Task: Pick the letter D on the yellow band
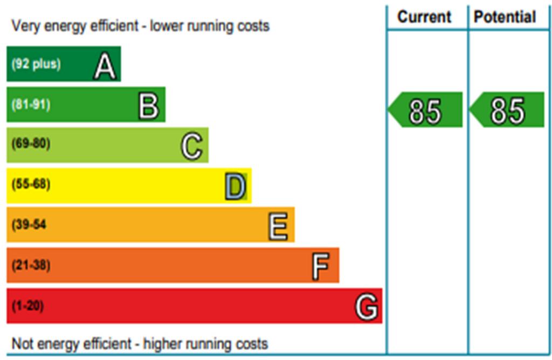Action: pyautogui.click(x=236, y=187)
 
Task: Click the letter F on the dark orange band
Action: pyautogui.click(x=320, y=267)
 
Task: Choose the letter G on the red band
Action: pyautogui.click(x=366, y=308)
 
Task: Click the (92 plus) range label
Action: pyautogui.click(x=36, y=64)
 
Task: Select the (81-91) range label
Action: pyautogui.click(x=31, y=105)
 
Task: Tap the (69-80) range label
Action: pyautogui.click(x=31, y=144)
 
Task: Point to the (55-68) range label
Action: pyautogui.click(x=31, y=184)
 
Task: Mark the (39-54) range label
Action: pyautogui.click(x=29, y=225)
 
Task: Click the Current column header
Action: pyautogui.click(x=424, y=17)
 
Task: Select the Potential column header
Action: pyautogui.click(x=505, y=17)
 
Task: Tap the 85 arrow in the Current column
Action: pyautogui.click(x=425, y=110)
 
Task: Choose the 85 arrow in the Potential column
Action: pyautogui.click(x=507, y=110)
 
